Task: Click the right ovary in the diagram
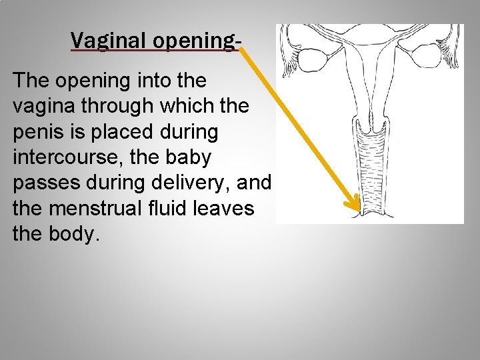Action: pyautogui.click(x=427, y=55)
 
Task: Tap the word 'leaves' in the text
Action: pyautogui.click(x=229, y=209)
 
